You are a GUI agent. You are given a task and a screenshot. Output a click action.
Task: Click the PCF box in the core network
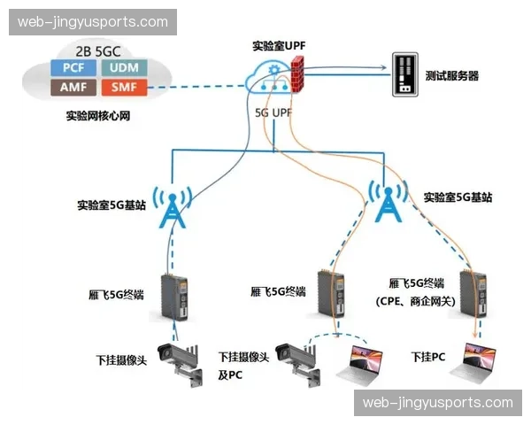[73, 67]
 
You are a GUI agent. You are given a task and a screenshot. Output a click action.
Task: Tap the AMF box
[73, 87]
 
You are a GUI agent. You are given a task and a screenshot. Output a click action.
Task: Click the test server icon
[404, 75]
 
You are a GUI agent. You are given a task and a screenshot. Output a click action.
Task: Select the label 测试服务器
[451, 76]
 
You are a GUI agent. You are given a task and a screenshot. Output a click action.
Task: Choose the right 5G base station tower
[386, 205]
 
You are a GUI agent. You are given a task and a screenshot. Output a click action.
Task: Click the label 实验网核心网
[98, 116]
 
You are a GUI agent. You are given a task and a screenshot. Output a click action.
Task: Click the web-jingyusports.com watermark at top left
[91, 21]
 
